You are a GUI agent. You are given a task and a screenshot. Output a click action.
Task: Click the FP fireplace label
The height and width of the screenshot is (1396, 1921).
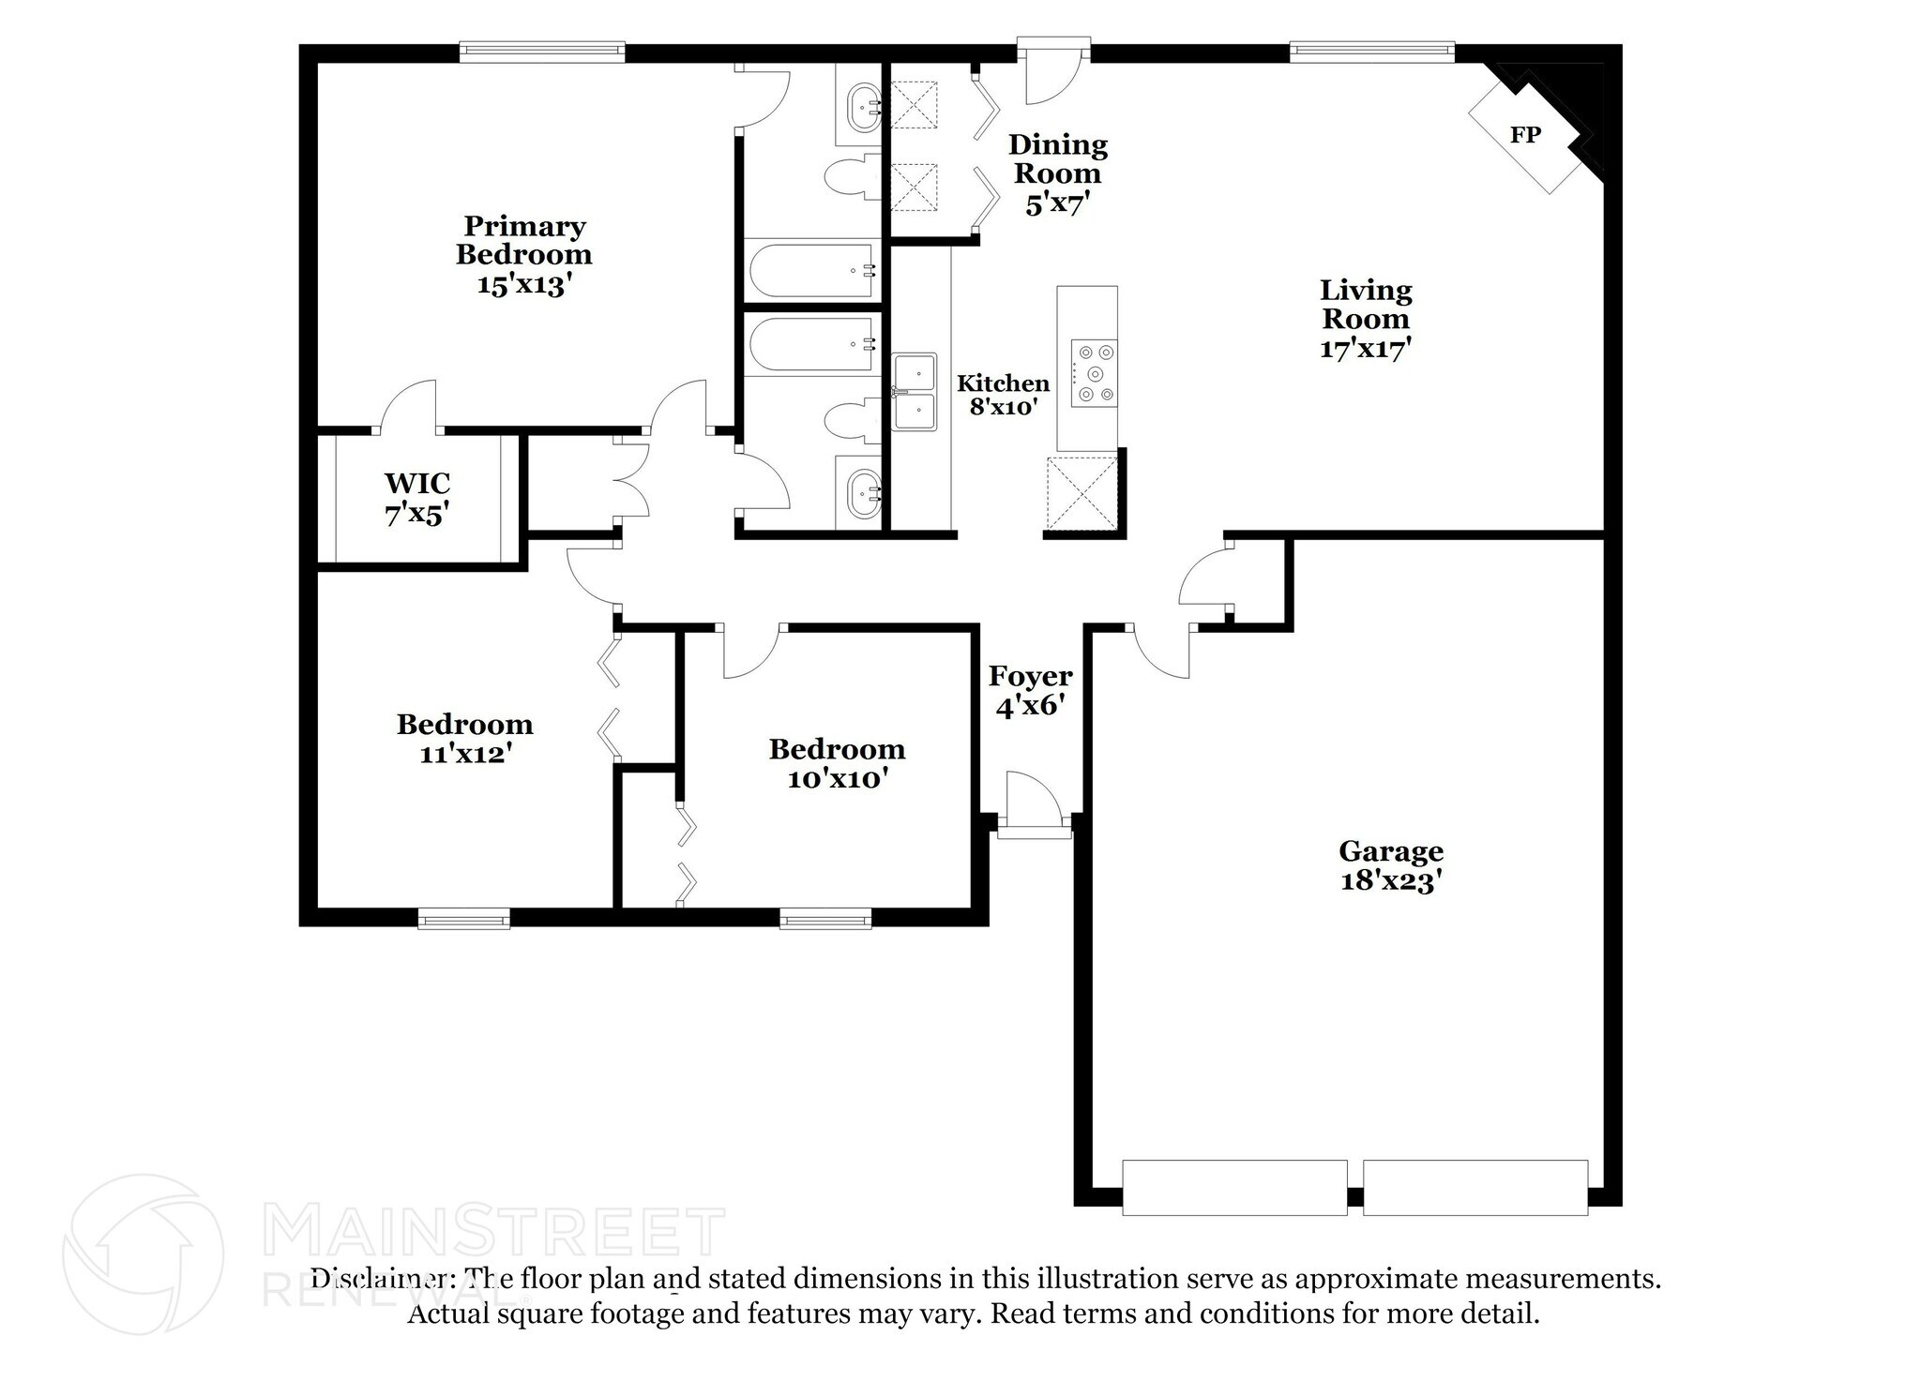click(1524, 135)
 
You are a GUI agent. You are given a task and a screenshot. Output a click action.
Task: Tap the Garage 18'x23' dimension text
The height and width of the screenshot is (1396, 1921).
click(1390, 881)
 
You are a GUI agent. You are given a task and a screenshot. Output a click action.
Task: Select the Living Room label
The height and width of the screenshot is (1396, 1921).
click(1366, 305)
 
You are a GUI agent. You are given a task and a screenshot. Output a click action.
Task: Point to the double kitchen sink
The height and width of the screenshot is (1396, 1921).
click(915, 392)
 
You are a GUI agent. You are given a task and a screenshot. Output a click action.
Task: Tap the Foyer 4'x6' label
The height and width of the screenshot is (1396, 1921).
click(1030, 691)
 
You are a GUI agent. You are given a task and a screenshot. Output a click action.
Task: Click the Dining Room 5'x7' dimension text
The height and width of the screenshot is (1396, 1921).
click(1057, 203)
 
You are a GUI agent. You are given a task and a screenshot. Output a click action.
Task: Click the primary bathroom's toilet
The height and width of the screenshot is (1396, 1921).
click(849, 176)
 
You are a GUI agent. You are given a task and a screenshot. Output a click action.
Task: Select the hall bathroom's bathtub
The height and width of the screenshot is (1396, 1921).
click(813, 345)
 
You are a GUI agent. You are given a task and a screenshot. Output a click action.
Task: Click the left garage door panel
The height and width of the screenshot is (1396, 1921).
click(1233, 1187)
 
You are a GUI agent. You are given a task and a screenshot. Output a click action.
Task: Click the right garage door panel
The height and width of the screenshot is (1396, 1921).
click(1475, 1187)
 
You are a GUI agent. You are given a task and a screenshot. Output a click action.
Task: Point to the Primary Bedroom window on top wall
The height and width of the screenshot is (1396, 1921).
click(541, 52)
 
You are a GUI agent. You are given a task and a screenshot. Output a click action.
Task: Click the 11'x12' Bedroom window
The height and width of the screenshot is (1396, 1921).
click(463, 918)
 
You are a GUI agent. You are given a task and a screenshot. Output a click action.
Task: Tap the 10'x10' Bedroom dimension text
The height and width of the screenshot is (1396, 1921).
click(837, 778)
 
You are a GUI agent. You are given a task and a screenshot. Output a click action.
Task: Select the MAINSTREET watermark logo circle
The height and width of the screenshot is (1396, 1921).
click(143, 1254)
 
